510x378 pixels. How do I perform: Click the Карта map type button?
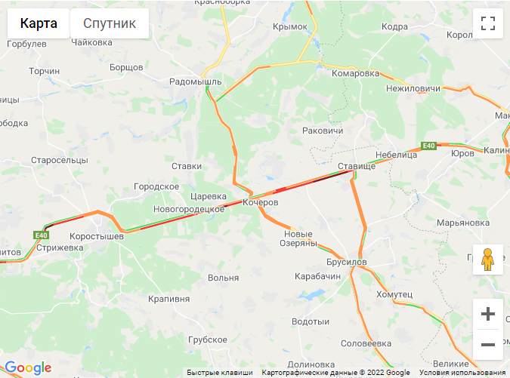click(x=39, y=23)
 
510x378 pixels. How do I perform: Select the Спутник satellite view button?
click(x=110, y=23)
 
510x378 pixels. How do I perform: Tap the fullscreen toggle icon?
click(x=487, y=23)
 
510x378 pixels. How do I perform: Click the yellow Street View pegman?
click(x=487, y=259)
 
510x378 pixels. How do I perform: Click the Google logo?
click(x=28, y=368)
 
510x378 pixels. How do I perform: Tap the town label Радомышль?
click(x=195, y=81)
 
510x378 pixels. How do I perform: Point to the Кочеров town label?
click(x=261, y=203)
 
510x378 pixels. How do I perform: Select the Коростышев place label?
click(x=91, y=236)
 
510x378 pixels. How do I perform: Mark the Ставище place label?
click(x=356, y=165)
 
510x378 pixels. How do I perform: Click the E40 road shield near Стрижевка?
click(x=42, y=235)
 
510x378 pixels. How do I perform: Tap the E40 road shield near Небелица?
click(x=429, y=145)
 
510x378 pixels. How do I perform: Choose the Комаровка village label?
click(x=355, y=73)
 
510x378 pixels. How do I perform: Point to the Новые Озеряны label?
click(x=298, y=238)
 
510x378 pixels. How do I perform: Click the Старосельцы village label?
click(x=59, y=161)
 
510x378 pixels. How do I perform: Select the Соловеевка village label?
click(x=366, y=343)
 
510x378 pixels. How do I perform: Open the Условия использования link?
click(x=462, y=373)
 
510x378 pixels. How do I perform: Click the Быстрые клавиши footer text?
click(x=220, y=373)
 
